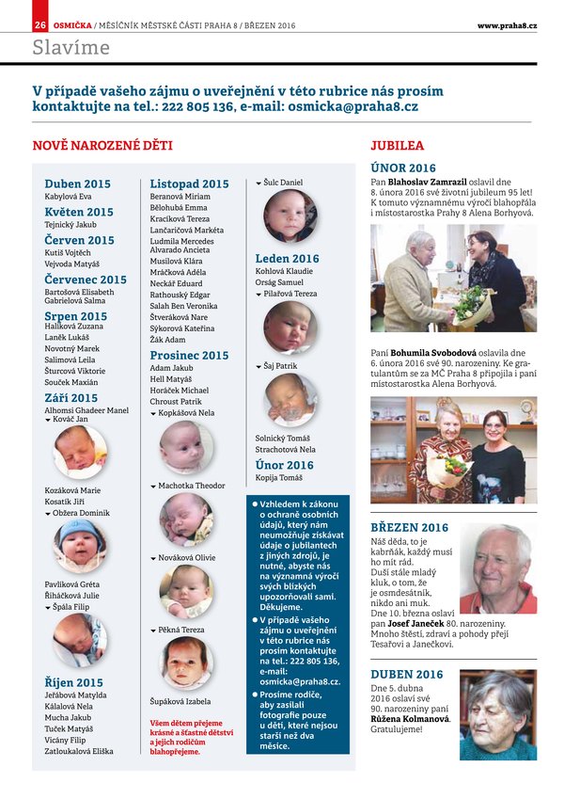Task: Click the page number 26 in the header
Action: coord(40,24)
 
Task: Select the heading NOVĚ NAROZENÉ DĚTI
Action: coord(102,146)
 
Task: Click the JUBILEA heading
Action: coord(397,146)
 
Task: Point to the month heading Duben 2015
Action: coord(77,184)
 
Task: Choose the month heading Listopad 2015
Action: coord(189,184)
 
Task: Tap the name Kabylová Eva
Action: coord(68,197)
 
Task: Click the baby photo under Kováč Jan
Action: coord(81,452)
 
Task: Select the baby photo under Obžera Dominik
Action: coord(81,545)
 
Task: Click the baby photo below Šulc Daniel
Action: coord(290,216)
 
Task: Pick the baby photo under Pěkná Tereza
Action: coord(186,663)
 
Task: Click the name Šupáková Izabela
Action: coord(180,702)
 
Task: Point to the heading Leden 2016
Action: coord(287,258)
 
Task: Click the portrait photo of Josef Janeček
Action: coord(497,568)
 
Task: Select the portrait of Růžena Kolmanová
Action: coord(497,714)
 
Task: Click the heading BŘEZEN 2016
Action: coord(409,527)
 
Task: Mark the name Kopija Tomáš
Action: coord(278,478)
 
